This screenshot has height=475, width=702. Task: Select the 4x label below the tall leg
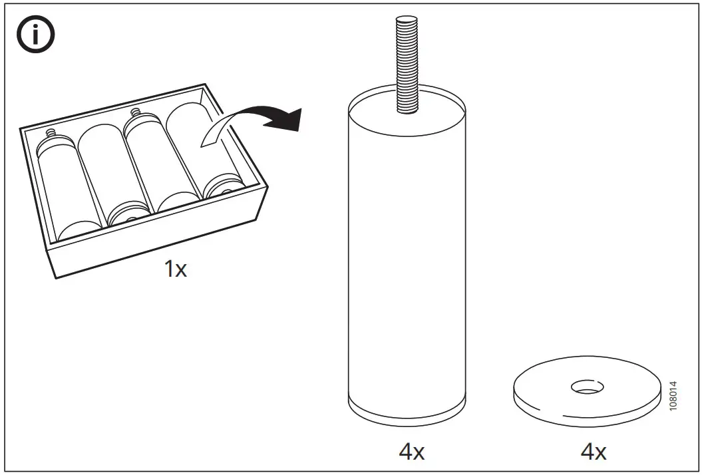coord(410,452)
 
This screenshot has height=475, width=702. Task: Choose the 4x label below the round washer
coord(593,452)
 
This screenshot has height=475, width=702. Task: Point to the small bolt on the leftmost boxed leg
coord(49,136)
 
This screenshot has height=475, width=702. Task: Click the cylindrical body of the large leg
coord(408,253)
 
